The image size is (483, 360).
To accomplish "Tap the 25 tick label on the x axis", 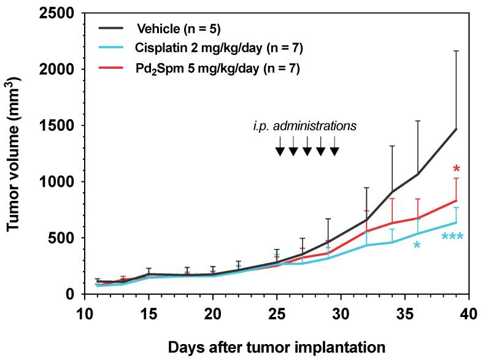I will point(277,312).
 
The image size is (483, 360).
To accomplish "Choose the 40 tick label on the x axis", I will point(469,312).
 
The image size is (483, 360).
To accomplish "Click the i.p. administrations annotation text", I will point(304,126).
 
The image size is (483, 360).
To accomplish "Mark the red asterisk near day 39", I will point(456,170).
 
